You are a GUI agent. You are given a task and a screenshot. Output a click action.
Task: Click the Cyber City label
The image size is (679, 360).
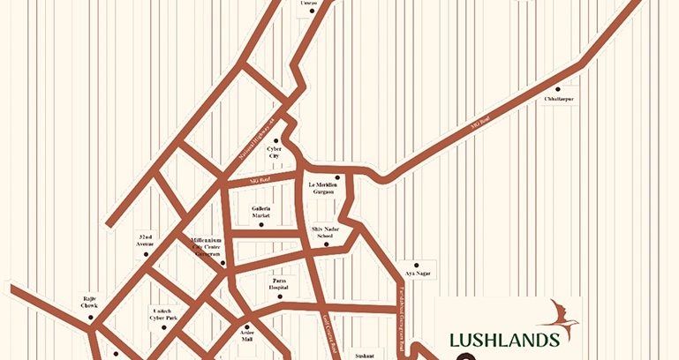point(274,154)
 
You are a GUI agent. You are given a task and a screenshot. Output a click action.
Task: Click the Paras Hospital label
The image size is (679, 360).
point(280,284)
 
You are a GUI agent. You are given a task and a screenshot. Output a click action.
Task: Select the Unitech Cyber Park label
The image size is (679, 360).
point(165,314)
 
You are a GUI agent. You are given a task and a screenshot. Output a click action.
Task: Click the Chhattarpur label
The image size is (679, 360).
point(559,99)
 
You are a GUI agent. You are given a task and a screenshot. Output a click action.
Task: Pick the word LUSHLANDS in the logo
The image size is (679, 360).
point(503,341)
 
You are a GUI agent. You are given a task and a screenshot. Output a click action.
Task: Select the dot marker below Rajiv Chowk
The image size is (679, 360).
point(94,319)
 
